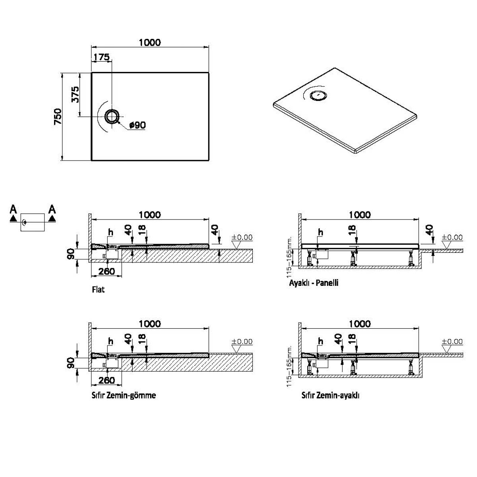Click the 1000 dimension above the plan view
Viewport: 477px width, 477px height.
coord(150,43)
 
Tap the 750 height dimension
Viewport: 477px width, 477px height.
coord(58,116)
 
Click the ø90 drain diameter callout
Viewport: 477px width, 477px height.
coord(138,125)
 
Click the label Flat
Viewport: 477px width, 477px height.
coord(98,289)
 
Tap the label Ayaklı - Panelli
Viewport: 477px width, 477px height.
coord(314,283)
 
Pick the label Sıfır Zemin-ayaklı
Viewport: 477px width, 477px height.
coord(331,396)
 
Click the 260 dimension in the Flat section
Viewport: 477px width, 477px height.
coord(106,271)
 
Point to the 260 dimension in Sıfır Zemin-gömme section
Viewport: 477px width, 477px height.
coord(106,380)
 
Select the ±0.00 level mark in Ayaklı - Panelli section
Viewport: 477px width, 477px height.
coord(452,237)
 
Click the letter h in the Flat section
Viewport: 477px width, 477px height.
coord(111,232)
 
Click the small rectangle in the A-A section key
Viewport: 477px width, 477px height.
coord(33,221)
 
